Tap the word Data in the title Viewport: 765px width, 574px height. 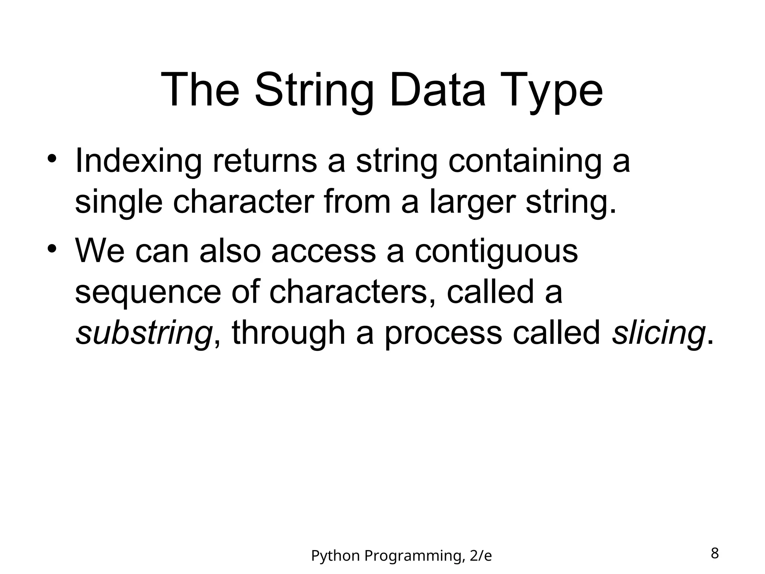click(437, 91)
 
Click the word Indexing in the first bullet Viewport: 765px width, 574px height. click(138, 162)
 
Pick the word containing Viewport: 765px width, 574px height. click(525, 162)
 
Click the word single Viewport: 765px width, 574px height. click(119, 203)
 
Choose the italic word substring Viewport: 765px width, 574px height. click(144, 334)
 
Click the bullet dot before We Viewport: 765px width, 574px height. click(52, 248)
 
